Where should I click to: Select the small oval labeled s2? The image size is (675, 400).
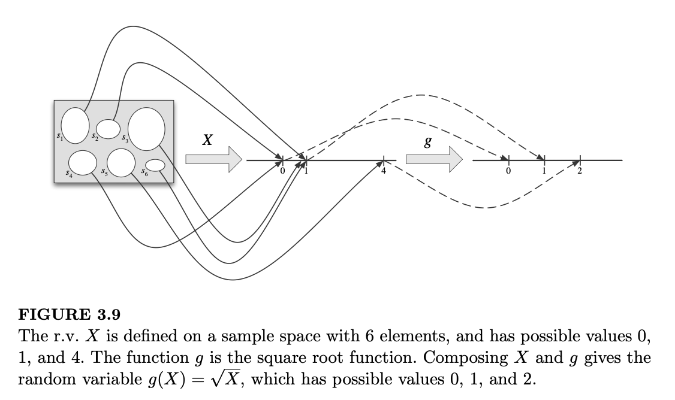[109, 128]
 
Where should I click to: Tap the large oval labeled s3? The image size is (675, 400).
[146, 128]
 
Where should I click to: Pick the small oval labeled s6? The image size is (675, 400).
[155, 165]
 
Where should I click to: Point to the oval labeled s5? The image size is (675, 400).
[122, 162]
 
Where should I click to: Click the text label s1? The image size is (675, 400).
[59, 137]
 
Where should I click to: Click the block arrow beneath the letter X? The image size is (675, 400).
[213, 160]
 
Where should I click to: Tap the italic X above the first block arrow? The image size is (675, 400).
[207, 140]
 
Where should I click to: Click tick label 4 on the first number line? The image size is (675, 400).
[384, 171]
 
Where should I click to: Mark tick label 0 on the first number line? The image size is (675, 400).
[283, 171]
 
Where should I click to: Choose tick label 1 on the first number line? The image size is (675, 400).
[307, 171]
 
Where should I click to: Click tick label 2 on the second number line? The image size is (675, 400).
[580, 171]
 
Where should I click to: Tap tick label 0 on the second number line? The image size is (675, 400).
[508, 171]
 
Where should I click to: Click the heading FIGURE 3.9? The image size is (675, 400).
[67, 314]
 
